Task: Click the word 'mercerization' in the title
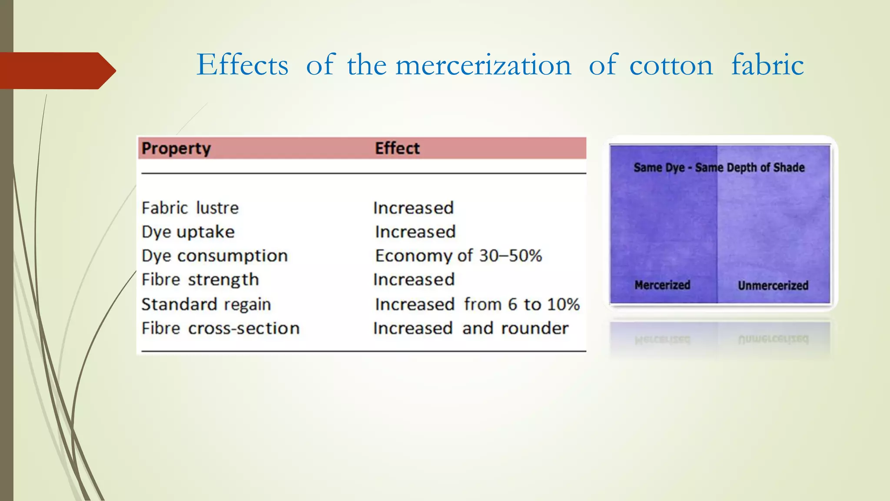[x=483, y=65]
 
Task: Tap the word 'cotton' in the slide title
[x=671, y=65]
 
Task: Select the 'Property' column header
[x=176, y=148]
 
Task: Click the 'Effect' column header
[x=397, y=148]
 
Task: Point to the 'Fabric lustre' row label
[x=190, y=208]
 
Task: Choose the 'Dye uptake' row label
[x=188, y=232]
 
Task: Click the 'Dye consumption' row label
[x=215, y=256]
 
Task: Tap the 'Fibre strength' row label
[x=200, y=280]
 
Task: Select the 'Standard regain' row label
[x=206, y=304]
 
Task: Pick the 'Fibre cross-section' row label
[x=220, y=328]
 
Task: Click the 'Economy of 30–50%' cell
[x=458, y=256]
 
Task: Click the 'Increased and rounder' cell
[x=471, y=328]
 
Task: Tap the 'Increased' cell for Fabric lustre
[x=413, y=208]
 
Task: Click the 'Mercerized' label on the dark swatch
[x=662, y=285]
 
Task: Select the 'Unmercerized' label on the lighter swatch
[x=773, y=285]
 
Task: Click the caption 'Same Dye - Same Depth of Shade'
[x=719, y=167]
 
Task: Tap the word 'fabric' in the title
[x=767, y=65]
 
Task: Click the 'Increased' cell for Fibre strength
[x=414, y=280]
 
